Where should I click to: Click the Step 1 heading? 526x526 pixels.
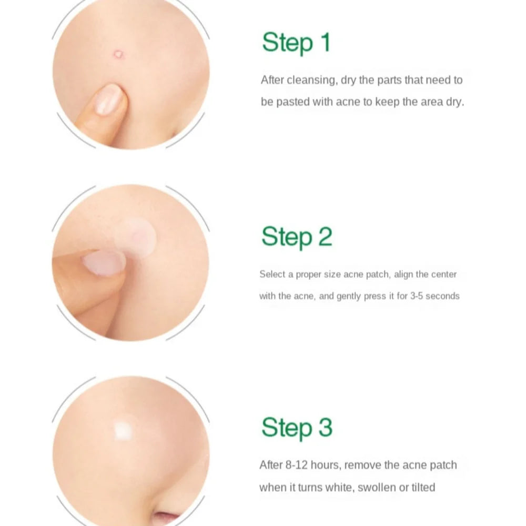click(x=296, y=42)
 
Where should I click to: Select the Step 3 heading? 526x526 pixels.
click(x=297, y=427)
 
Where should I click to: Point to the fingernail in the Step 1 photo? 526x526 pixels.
click(x=108, y=99)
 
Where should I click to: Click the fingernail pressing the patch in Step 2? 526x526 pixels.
click(x=104, y=262)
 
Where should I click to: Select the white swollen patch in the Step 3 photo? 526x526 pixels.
click(x=124, y=430)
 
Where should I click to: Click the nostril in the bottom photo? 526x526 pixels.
click(x=167, y=517)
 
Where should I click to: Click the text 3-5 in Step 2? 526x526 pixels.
click(x=417, y=296)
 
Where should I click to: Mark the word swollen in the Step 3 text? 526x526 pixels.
click(x=377, y=488)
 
